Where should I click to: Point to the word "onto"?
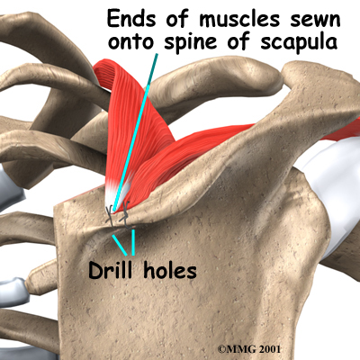[x=131, y=41]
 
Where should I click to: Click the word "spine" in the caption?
[x=190, y=42]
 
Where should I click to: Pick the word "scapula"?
[x=299, y=42]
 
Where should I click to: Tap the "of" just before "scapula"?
[x=238, y=41]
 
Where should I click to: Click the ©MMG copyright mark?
[x=237, y=349]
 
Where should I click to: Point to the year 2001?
[x=270, y=349]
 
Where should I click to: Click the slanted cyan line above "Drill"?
[x=120, y=245]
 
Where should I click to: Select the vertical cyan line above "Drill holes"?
[x=133, y=242]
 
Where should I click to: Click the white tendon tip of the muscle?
[x=116, y=195]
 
